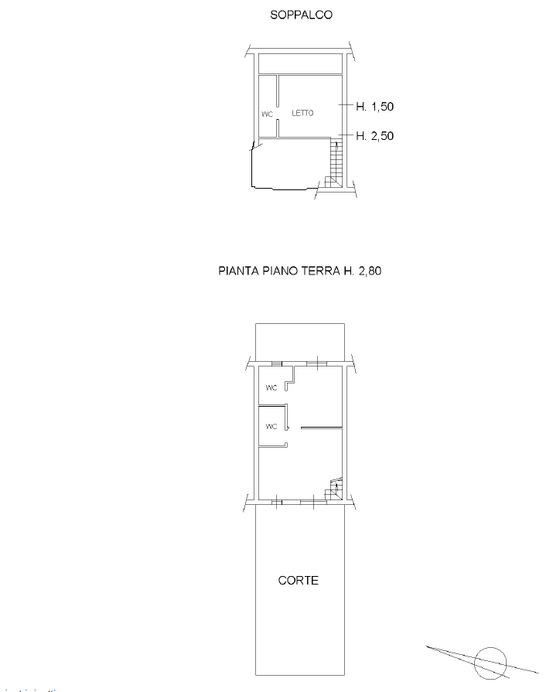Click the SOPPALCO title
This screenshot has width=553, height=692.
point(301,15)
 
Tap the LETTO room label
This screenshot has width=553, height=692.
point(302,113)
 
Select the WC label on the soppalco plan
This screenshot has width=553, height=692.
point(267,114)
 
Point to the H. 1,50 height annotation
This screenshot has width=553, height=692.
point(374,107)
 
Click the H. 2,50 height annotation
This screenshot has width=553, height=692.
point(374,136)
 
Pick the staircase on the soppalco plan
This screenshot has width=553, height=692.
point(335,164)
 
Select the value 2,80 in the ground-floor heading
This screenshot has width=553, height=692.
point(370,271)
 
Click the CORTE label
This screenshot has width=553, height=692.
point(299,581)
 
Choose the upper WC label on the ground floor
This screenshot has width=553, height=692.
point(271,388)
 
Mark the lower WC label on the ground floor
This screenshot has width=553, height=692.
point(271,426)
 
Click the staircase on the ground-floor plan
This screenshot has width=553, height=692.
point(334,489)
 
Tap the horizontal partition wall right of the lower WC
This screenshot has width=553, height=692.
point(322,428)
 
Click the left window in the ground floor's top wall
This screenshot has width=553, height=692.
point(277,364)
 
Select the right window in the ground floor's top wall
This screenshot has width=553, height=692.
point(316,364)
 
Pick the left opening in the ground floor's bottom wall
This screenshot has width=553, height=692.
point(277,502)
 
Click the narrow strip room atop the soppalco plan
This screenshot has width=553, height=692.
point(300,63)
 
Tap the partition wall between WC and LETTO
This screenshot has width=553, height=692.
point(278,107)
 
